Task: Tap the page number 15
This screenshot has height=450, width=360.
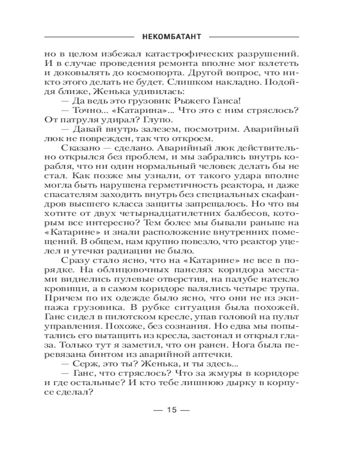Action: (x=173, y=409)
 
